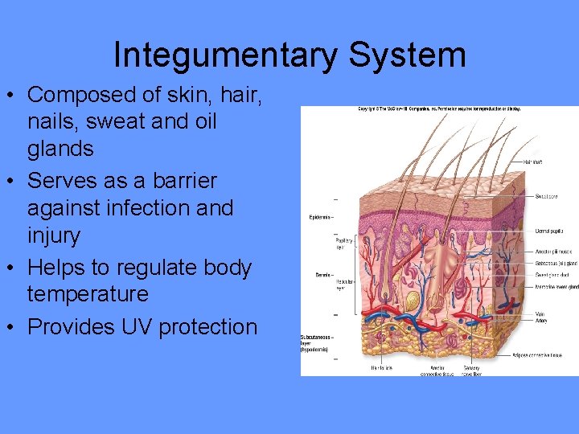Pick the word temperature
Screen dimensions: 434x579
click(88, 294)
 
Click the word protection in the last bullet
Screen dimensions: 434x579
click(208, 327)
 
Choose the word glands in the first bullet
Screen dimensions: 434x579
click(60, 149)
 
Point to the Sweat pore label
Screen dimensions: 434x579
click(549, 195)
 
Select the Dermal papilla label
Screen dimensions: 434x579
click(552, 231)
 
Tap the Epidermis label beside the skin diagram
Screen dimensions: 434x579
click(320, 218)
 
